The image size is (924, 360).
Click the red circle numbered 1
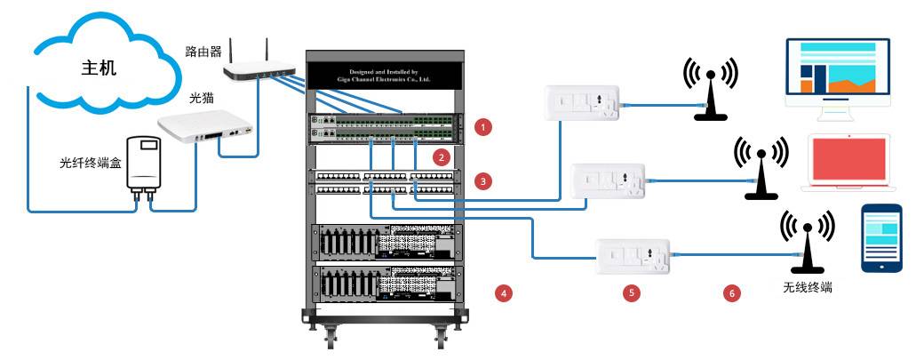click(482, 127)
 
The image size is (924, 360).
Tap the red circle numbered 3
click(482, 180)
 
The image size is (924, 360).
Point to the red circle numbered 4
click(505, 292)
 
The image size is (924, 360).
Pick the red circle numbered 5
click(632, 292)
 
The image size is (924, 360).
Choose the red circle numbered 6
click(733, 292)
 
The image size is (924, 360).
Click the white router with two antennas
click(258, 67)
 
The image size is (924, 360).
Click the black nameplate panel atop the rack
click(386, 75)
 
